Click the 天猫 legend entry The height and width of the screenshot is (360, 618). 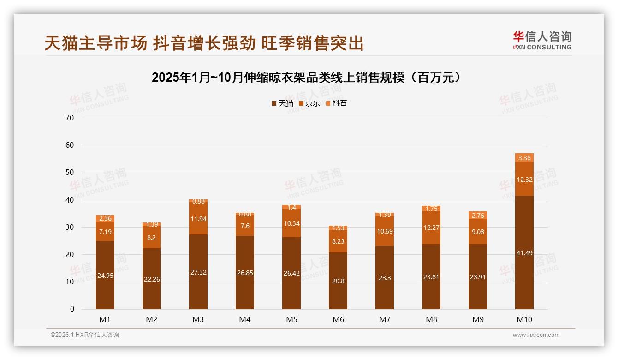click(x=282, y=103)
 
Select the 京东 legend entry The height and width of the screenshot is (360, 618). click(x=309, y=103)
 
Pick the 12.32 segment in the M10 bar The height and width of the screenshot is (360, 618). click(x=524, y=179)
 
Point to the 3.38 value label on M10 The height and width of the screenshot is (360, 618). click(x=524, y=158)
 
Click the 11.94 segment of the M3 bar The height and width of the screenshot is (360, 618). click(x=198, y=218)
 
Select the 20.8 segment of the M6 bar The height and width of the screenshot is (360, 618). click(x=338, y=281)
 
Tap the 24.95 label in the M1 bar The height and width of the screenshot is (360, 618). click(x=105, y=276)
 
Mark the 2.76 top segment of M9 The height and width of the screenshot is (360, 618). click(x=477, y=216)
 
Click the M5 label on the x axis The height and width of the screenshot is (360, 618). click(x=291, y=319)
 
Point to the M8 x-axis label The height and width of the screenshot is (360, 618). click(x=431, y=319)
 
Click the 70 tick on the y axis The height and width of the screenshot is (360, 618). click(x=70, y=118)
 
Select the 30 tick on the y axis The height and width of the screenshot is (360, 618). click(x=70, y=227)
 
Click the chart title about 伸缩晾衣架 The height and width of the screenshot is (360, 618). click(x=306, y=78)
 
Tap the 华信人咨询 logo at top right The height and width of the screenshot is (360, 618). click(x=542, y=40)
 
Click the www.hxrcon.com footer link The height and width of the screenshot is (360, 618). click(x=536, y=335)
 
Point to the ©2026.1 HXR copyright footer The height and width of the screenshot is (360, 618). click(x=84, y=335)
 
